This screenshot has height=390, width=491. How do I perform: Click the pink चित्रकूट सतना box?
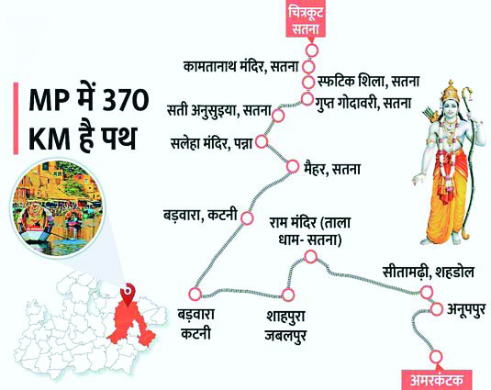[x=306, y=20]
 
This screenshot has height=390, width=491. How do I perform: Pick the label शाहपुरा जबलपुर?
[x=287, y=325]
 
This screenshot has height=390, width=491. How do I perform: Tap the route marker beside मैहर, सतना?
[x=293, y=166]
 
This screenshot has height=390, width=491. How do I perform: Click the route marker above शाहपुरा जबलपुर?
[x=287, y=295]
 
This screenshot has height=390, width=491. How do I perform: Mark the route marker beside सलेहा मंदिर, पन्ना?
[x=262, y=142]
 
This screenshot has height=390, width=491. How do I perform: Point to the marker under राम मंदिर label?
[x=309, y=257]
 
